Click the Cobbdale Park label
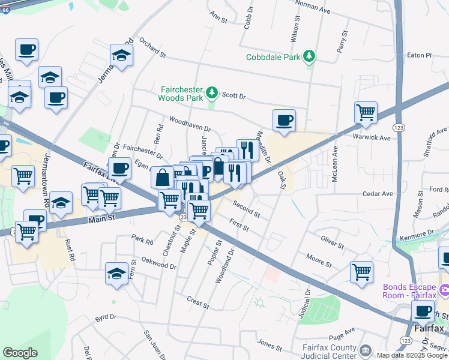[x=273, y=58]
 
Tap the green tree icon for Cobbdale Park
[x=309, y=56]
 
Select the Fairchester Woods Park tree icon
[x=211, y=92]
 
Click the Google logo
[x=20, y=353]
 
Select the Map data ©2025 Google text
[x=412, y=355]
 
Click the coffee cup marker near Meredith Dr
[x=284, y=120]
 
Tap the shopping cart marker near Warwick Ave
[x=366, y=112]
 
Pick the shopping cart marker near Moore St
[x=361, y=272]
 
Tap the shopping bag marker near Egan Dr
[x=162, y=177]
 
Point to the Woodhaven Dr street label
[x=190, y=124]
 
